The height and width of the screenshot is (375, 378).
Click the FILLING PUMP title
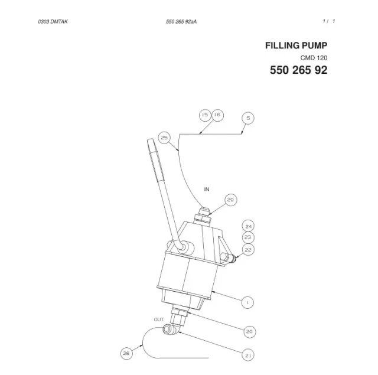[296, 45]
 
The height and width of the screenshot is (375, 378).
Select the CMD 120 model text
[314, 58]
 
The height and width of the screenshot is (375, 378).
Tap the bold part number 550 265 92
[298, 70]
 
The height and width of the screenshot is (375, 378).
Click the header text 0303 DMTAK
[53, 22]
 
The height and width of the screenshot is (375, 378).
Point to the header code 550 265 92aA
[181, 22]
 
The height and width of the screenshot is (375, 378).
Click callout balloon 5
[248, 118]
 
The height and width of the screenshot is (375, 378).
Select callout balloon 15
[205, 115]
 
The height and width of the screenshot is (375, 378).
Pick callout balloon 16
[217, 115]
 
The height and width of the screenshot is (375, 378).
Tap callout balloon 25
[164, 138]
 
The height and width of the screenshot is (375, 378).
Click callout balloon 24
[248, 226]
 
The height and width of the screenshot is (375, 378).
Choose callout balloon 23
[248, 237]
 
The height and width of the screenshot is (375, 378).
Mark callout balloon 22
[248, 250]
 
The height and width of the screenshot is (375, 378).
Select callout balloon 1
[247, 302]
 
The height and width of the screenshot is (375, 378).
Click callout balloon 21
[248, 356]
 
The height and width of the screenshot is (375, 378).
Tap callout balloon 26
[126, 353]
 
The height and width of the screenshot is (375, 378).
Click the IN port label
[207, 190]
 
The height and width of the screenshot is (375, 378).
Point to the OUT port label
[159, 319]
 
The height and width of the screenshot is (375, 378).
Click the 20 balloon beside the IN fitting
[231, 200]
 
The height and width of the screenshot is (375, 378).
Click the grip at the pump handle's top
[155, 159]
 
